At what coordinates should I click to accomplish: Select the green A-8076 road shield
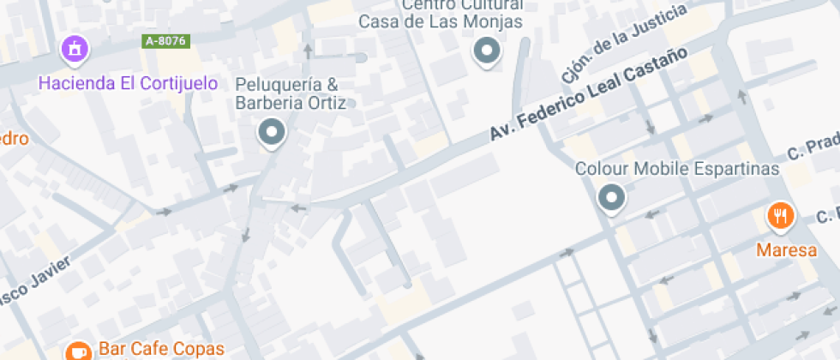tap(165, 40)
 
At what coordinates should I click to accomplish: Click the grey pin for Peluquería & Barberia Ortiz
tap(273, 132)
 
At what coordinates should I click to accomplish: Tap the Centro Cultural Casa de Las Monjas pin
tap(487, 51)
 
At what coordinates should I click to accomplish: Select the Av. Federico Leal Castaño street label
tap(589, 93)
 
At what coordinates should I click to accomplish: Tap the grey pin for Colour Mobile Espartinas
tap(611, 197)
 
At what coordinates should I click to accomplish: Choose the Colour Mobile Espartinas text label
tap(676, 168)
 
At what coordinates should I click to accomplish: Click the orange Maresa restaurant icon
tap(779, 216)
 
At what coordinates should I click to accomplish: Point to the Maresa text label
tap(780, 250)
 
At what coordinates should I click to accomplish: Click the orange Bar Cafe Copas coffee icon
tap(78, 350)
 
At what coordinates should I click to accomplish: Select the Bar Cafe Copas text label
tap(161, 349)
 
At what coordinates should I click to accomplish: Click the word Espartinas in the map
tap(736, 168)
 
